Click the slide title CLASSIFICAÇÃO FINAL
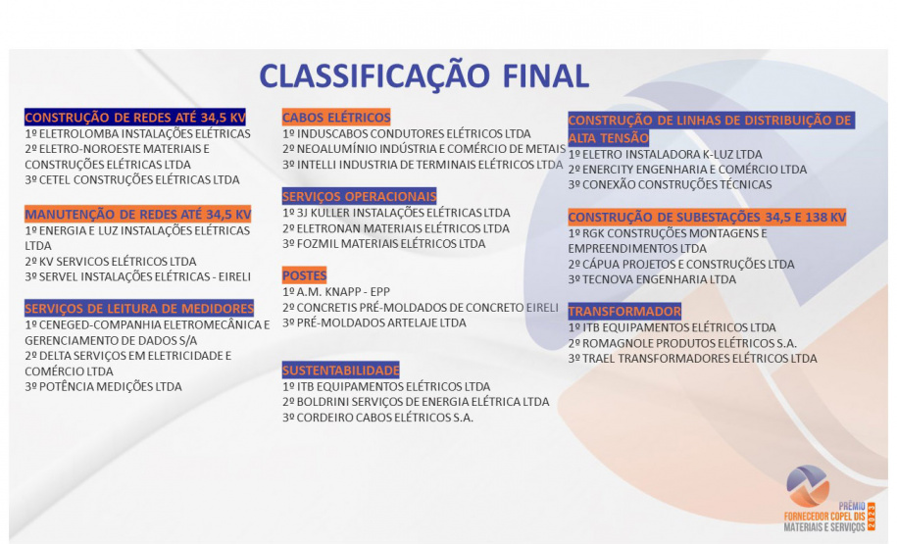tap(424, 76)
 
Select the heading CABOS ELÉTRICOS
tap(336, 118)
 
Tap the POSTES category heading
tap(305, 275)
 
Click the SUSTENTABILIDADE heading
tap(341, 371)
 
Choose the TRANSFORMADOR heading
tap(624, 312)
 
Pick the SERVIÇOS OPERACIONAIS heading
tap(359, 196)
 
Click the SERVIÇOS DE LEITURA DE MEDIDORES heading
tap(138, 308)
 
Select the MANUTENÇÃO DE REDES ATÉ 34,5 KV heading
tap(137, 214)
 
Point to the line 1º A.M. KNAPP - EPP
tap(336, 291)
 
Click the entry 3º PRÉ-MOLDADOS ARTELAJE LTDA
tap(374, 321)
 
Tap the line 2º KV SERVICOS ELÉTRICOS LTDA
tap(111, 262)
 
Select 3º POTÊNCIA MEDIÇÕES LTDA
tap(103, 386)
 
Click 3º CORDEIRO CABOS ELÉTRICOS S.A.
tap(377, 418)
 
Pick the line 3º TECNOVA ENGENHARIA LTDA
tap(652, 279)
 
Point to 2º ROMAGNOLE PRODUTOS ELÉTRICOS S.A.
tap(682, 343)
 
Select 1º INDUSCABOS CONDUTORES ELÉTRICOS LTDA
tap(406, 133)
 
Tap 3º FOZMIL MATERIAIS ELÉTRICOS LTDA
tap(383, 243)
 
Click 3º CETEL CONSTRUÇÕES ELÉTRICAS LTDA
tap(131, 179)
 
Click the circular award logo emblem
tap(808, 485)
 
